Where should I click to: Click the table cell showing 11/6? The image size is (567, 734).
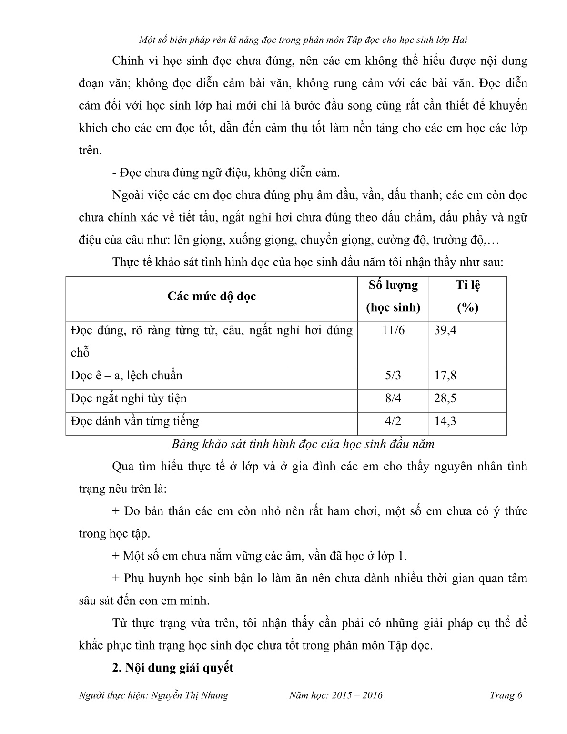393,330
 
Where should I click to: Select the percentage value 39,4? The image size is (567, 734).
445,330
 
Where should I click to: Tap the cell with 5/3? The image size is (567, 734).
393,376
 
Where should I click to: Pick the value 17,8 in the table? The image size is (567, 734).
445,376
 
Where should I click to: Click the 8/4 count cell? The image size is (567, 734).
393,398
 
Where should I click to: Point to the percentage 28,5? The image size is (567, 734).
445,398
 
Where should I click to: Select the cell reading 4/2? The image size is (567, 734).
393,421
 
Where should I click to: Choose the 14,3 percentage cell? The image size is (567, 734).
445,421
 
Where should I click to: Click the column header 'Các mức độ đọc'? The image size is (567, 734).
212,296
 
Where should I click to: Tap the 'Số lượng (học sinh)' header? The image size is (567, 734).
393,296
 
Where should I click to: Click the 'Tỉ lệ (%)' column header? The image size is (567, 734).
467,296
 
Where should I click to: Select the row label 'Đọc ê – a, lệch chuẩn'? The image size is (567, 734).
126,376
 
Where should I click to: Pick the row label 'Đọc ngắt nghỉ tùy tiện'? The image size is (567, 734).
129,398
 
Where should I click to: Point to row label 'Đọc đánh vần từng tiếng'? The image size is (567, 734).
135,421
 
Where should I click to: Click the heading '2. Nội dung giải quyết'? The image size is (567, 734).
172,668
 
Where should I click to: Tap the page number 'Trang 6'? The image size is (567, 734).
506,695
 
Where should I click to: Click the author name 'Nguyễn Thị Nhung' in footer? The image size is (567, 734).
189,695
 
